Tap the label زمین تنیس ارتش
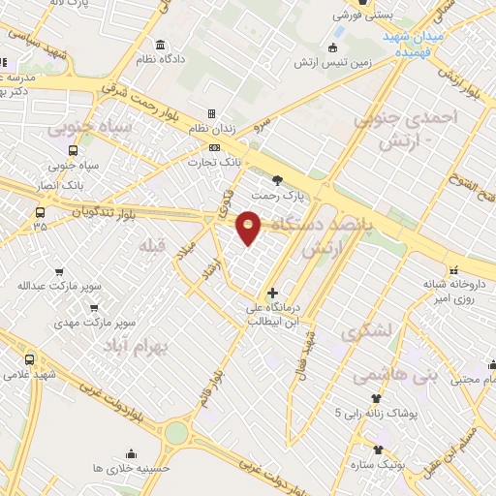334,62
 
